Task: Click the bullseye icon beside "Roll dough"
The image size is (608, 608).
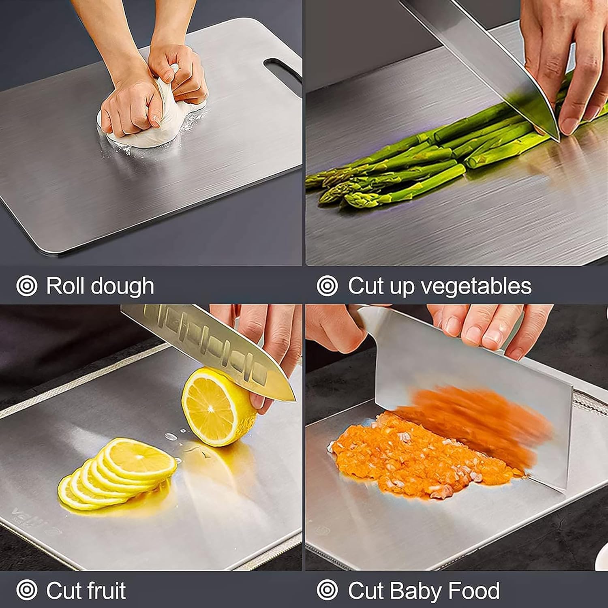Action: point(27,286)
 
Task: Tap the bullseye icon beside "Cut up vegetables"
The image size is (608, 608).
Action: point(327,286)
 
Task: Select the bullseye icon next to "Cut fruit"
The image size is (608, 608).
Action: point(27,590)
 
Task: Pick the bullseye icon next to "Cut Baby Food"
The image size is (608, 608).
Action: point(327,590)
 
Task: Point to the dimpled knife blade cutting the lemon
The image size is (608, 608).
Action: point(211,340)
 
